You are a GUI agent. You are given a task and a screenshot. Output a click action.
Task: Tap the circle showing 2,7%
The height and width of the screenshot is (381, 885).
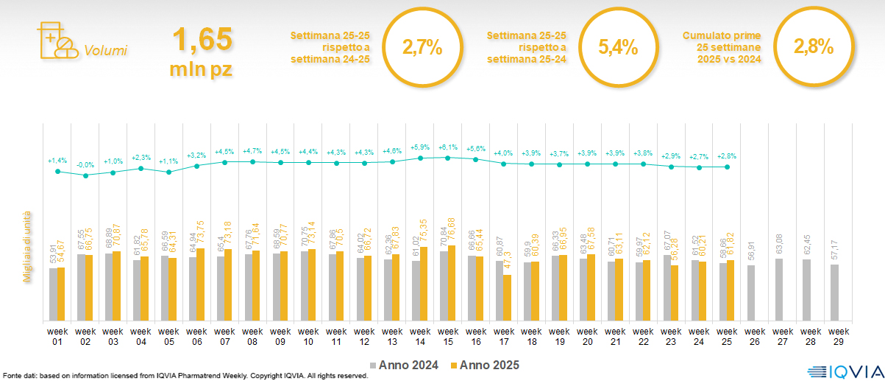422,48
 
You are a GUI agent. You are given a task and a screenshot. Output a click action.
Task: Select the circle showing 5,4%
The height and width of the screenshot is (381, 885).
617,48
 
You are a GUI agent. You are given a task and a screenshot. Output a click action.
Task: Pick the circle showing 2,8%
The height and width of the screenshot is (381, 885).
813,48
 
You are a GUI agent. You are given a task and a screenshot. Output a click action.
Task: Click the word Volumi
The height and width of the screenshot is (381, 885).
105,51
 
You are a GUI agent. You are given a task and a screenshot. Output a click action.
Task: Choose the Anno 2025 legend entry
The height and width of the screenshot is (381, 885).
486,365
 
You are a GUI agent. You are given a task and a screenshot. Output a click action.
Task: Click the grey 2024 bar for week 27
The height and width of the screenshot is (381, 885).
779,290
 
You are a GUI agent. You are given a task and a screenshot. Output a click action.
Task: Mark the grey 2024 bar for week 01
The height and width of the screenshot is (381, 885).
53,294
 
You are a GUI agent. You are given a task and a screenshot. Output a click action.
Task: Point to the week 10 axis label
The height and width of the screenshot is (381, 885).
309,336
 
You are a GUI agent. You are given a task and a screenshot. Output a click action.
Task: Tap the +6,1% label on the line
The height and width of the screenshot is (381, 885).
449,147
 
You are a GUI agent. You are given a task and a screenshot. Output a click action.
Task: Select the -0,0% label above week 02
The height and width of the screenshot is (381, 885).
86,164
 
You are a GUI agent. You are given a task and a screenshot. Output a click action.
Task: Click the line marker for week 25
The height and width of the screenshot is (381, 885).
728,167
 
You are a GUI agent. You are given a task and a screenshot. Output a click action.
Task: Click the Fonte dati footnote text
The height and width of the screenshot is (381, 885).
184,376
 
